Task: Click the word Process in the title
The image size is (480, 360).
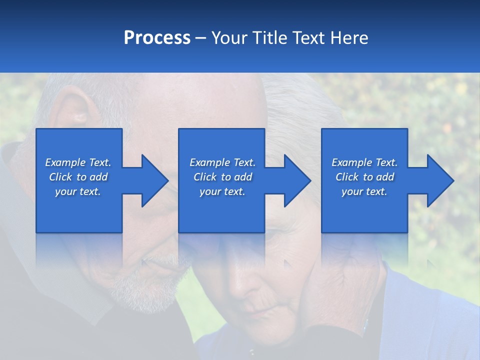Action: point(157,38)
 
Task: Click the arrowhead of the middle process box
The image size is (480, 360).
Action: point(297,180)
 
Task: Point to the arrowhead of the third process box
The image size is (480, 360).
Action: point(440,180)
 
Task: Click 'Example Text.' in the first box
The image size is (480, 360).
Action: point(78,162)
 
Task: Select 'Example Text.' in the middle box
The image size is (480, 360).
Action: point(222,162)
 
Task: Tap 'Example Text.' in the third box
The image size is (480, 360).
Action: point(364,162)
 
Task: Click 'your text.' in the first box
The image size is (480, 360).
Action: point(78,191)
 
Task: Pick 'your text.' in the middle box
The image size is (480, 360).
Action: point(222,191)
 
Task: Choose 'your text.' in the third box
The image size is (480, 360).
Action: point(364,191)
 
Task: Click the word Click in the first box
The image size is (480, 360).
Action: point(61,177)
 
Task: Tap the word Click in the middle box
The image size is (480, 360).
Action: point(205,177)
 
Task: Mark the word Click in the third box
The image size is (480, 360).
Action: point(347,177)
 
